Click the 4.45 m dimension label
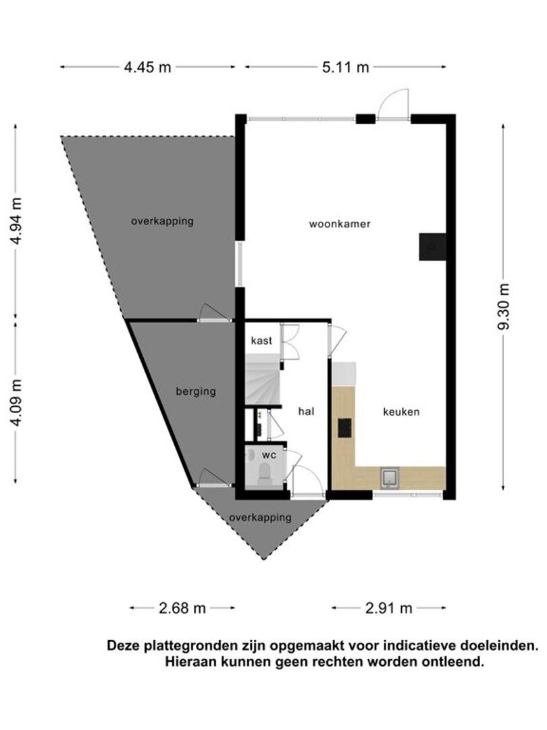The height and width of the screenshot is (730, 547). tap(147, 68)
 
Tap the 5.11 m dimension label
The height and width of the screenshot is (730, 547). tap(346, 68)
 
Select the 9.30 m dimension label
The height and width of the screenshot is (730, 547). tap(504, 306)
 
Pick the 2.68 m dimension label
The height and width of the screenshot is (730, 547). tap(182, 608)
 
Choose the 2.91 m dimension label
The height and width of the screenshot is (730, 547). tap(389, 608)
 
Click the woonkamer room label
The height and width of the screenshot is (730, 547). tap(340, 224)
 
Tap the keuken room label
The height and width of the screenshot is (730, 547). tap(401, 412)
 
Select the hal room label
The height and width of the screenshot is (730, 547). tap(306, 411)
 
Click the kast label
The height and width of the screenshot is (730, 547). tap(261, 340)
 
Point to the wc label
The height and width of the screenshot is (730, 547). tap(269, 455)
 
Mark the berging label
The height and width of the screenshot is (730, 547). tap(196, 391)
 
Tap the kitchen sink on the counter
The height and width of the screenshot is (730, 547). tap(389, 478)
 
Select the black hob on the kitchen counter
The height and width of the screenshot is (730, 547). tap(344, 428)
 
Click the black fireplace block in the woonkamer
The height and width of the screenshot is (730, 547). tap(432, 247)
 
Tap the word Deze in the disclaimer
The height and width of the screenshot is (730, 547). tap(123, 646)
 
